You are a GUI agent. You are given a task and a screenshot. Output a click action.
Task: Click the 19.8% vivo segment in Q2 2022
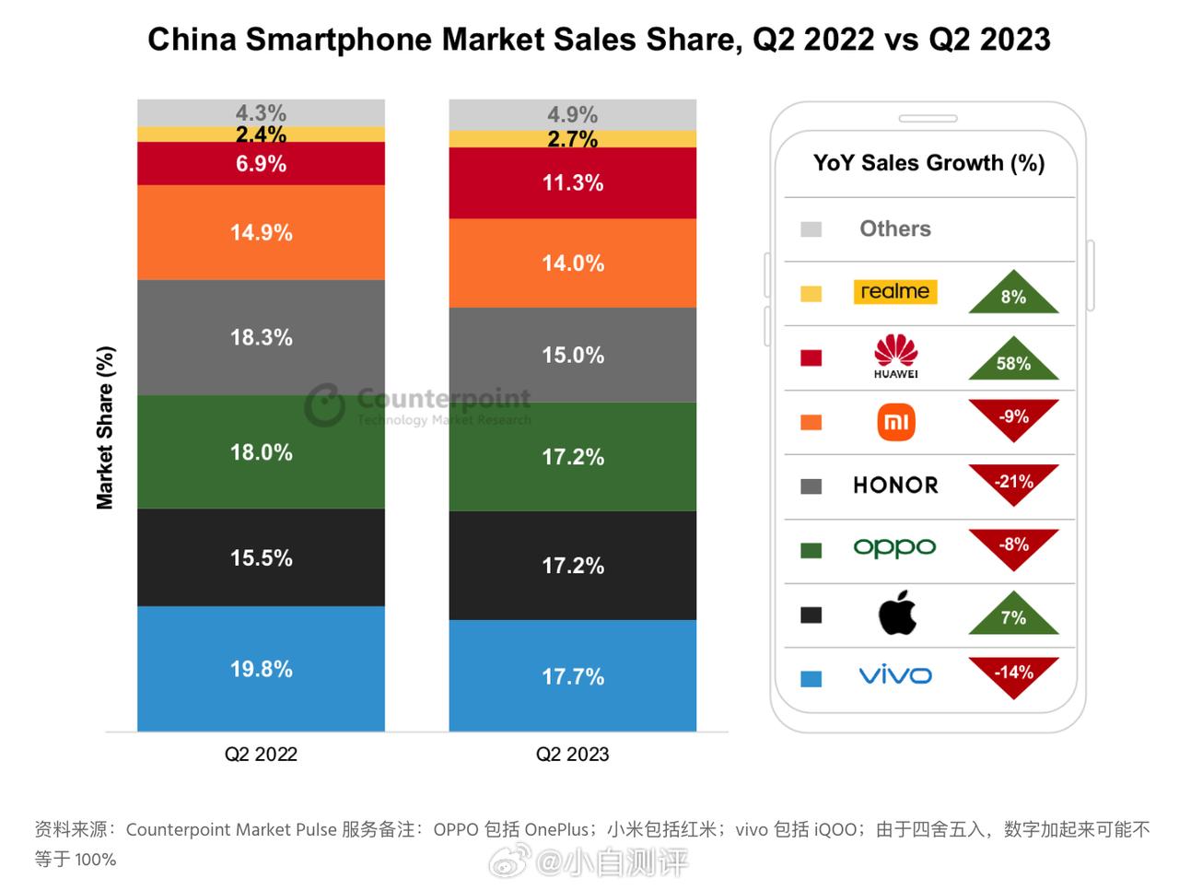click(261, 669)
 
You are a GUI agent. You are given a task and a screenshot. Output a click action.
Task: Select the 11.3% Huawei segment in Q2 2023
click(572, 182)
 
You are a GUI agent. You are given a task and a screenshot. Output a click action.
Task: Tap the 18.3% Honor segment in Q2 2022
click(261, 337)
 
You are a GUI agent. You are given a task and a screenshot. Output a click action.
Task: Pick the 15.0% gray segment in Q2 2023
click(572, 355)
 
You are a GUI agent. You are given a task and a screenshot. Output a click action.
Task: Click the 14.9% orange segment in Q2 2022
click(261, 232)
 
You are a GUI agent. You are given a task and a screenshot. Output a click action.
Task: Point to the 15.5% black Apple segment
click(261, 557)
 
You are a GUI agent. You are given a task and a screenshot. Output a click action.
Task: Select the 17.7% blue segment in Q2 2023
click(572, 676)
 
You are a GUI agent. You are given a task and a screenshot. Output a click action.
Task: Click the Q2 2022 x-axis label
click(261, 755)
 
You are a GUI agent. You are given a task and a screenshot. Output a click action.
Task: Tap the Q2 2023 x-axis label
click(572, 755)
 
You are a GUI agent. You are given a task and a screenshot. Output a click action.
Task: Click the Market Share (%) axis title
click(105, 427)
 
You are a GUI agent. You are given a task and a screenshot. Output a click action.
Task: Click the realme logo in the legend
click(894, 292)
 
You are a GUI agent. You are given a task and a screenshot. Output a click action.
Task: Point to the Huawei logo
click(895, 356)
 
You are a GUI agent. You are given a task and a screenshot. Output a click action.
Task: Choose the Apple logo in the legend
click(896, 614)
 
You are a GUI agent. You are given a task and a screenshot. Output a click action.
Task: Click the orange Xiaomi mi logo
click(895, 422)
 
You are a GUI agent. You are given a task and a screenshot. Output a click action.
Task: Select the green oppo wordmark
click(894, 547)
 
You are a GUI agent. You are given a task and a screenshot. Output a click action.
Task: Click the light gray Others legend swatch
click(811, 229)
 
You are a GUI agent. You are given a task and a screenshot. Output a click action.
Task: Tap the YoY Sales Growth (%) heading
click(928, 163)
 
